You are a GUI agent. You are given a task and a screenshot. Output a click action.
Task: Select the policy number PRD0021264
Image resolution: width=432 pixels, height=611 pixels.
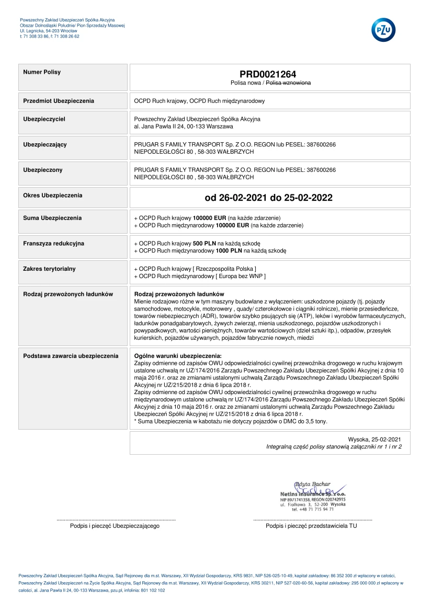coord(268,74)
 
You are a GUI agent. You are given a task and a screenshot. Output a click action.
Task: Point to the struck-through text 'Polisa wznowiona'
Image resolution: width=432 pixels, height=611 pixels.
coord(289,83)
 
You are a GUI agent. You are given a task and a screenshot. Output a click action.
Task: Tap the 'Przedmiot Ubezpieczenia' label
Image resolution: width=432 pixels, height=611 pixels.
coord(59,100)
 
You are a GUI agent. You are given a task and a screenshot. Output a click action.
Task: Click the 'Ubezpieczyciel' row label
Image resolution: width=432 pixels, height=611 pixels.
coord(44,119)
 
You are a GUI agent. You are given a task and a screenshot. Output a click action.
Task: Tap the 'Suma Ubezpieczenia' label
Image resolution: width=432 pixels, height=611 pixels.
coord(52,217)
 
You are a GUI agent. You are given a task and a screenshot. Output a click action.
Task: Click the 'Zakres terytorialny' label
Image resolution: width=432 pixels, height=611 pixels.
coord(50,269)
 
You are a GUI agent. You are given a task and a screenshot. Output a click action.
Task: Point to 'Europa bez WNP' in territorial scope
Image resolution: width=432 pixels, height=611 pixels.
coord(244,276)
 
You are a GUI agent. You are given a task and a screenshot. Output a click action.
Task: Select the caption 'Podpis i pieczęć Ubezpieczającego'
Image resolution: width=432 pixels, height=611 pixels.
coord(115,526)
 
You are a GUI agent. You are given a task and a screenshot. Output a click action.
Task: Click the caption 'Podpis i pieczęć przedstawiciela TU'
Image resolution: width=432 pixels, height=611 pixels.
coord(311,526)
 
